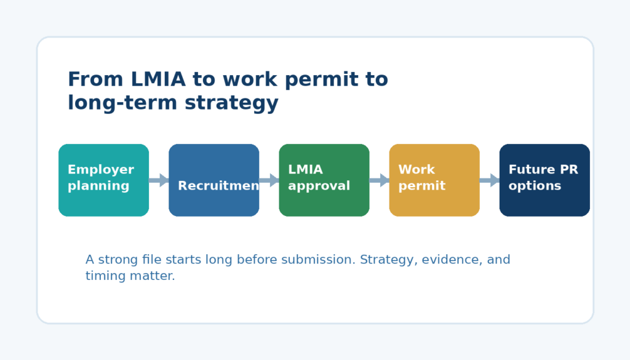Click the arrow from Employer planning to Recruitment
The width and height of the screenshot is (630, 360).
tap(159, 180)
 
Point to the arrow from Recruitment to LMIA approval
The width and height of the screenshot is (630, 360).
tap(269, 180)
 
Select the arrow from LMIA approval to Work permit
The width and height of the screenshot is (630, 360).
tap(379, 180)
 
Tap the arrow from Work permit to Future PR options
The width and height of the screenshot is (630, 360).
tap(489, 180)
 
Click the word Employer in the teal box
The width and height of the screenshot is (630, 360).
tap(101, 170)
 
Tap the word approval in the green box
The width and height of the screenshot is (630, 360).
tap(319, 186)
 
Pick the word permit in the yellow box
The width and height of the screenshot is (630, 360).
tap(421, 186)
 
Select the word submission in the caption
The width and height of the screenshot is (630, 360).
tap(318, 260)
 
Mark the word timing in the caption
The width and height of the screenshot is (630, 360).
tap(103, 276)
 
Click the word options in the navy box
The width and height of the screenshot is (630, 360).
tap(535, 186)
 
